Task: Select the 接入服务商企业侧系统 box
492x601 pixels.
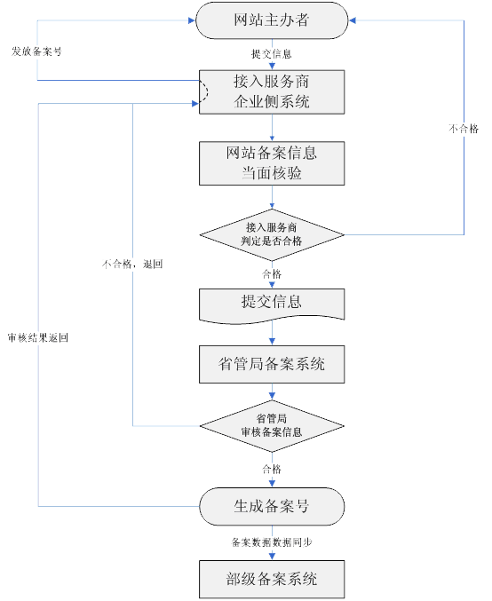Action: click(x=271, y=91)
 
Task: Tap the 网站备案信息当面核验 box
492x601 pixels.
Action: click(x=271, y=162)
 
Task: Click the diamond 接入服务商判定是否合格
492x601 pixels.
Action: click(x=271, y=234)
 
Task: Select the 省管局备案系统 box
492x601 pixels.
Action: click(x=271, y=364)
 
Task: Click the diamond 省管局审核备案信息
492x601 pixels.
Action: click(x=271, y=425)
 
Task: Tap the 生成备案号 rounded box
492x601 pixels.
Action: click(x=271, y=506)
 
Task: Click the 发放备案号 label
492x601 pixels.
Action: click(x=36, y=51)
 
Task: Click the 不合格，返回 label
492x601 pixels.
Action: click(x=133, y=264)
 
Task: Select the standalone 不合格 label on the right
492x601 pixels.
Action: click(x=463, y=130)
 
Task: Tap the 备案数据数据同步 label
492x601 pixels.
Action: click(x=272, y=542)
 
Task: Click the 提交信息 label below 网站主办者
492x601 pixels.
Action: click(x=272, y=54)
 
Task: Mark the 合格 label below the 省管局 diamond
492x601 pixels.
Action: click(x=272, y=468)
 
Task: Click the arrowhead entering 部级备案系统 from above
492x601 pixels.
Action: click(x=272, y=557)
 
